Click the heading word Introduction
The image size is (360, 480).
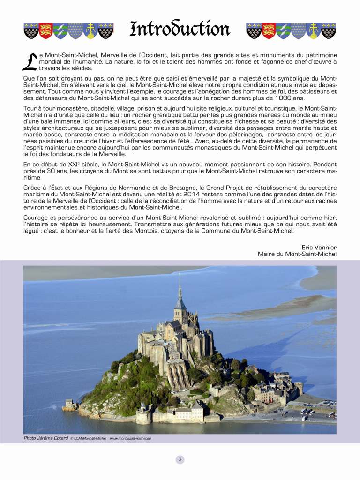(180, 30)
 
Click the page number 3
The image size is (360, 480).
(180, 459)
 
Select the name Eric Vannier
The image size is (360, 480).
(319, 247)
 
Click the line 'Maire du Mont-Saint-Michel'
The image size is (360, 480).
(297, 254)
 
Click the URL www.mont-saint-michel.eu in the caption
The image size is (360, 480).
(130, 438)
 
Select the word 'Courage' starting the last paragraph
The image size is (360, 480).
(36, 217)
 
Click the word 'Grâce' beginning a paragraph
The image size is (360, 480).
(32, 187)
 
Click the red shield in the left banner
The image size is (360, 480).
(46, 31)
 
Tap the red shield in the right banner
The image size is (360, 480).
(269, 31)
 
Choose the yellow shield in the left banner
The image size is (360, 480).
(91, 31)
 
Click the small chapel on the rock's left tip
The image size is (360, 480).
(69, 403)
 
